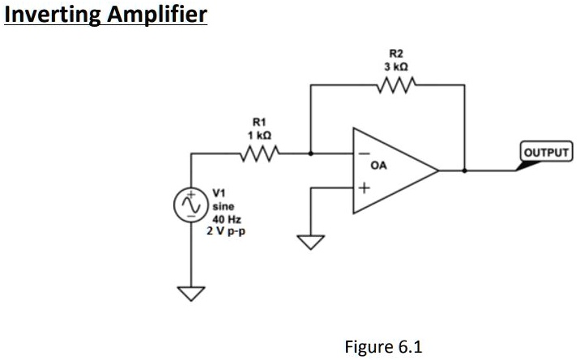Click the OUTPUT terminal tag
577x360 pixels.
546,152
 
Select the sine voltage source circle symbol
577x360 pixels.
193,206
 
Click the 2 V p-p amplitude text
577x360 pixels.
229,230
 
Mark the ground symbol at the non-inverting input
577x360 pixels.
312,242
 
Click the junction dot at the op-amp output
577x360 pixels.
464,171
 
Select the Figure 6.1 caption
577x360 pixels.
383,346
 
